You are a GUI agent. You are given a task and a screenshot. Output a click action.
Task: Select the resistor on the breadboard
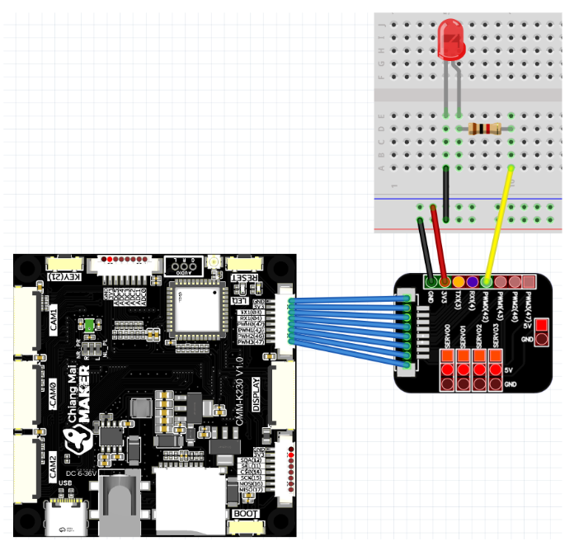pos(484,129)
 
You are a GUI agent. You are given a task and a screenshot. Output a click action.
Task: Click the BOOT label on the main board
pos(245,514)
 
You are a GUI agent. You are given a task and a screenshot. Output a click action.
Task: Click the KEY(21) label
pos(64,276)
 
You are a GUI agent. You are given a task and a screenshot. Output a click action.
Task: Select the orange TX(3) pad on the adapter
pos(459,283)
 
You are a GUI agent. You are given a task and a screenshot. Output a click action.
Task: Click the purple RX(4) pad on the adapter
pos(473,283)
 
